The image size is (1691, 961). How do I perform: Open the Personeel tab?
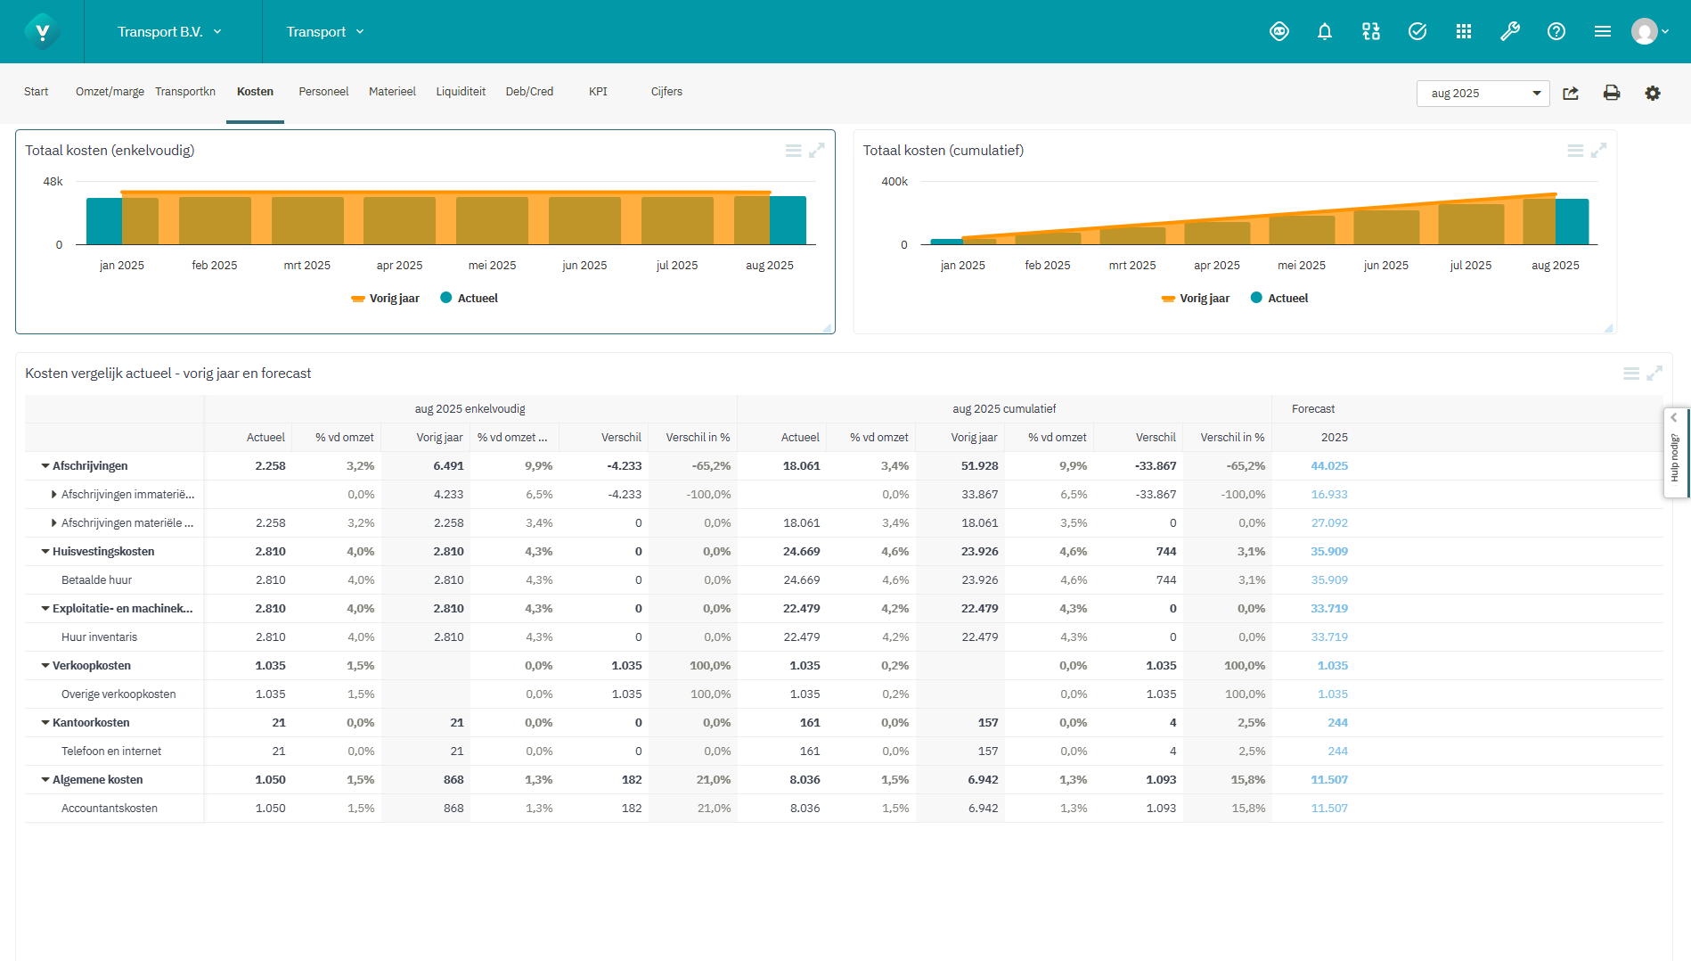coord(323,92)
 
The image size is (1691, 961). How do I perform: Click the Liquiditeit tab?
coord(461,92)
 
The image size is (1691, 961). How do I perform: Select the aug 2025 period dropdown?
coord(1483,93)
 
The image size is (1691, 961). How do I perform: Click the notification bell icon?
coord(1325,32)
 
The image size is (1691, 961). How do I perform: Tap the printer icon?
coord(1611,93)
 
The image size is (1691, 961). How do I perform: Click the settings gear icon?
coord(1653,93)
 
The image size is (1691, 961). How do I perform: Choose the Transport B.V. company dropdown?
coord(169,32)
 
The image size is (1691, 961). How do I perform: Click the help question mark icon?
coord(1556,32)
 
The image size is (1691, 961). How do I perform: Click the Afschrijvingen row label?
coord(90,466)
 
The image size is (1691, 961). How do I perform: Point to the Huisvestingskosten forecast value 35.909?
coord(1328,552)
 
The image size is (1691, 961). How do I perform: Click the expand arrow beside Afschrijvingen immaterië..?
coord(54,495)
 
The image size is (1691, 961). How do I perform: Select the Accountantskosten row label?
coord(110,809)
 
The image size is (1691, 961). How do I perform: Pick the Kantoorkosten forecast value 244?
coord(1336,723)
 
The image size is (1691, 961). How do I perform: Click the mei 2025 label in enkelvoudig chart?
coord(492,266)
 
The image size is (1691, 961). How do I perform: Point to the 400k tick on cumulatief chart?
coord(894,182)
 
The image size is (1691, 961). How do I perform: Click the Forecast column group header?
coord(1312,409)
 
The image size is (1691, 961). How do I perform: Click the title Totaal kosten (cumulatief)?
coord(943,151)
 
